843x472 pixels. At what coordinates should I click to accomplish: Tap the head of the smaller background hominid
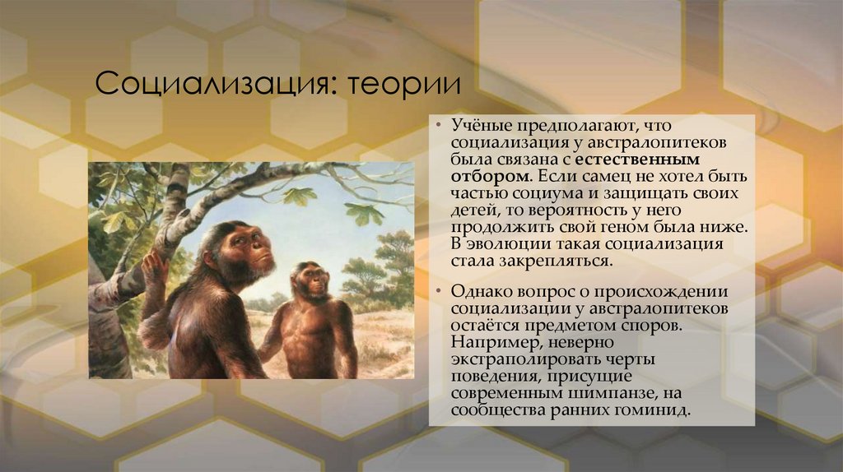pos(311,280)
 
